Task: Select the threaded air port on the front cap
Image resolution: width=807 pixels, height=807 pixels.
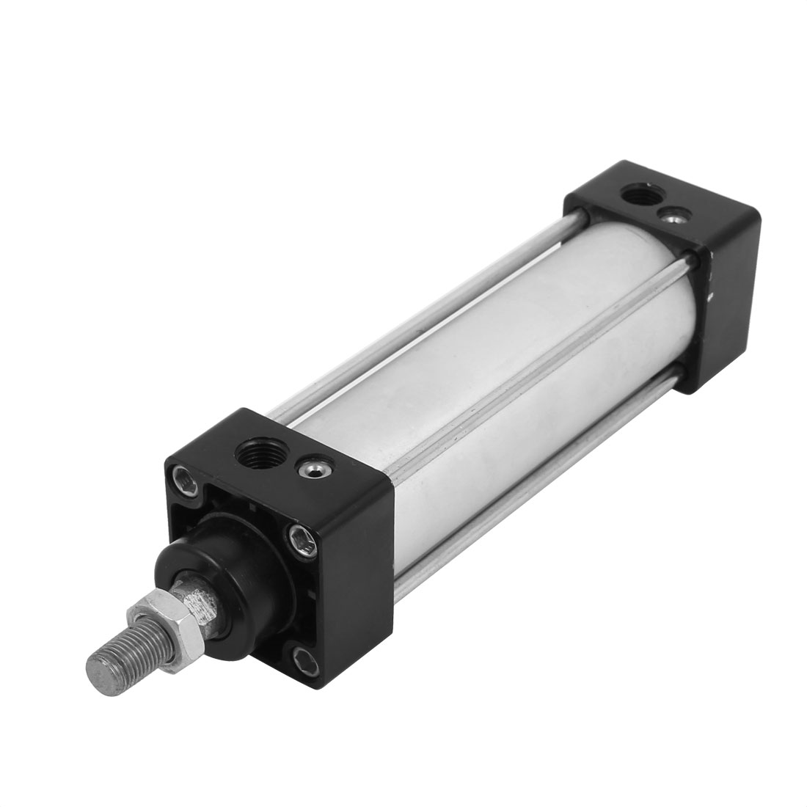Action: point(254,464)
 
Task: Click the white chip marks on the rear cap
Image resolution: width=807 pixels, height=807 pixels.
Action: point(709,290)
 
